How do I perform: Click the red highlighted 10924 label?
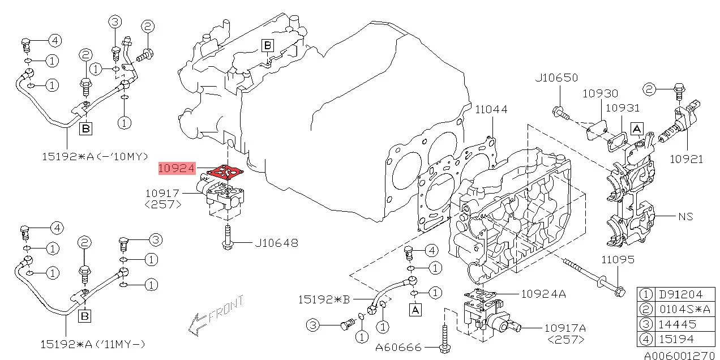(177, 168)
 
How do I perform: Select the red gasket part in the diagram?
(226, 171)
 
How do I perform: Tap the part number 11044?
(491, 109)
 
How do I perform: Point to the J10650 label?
(556, 78)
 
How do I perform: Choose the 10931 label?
(622, 108)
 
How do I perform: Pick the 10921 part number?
(686, 159)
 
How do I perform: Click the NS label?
(685, 216)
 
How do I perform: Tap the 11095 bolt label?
(618, 260)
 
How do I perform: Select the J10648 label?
(276, 243)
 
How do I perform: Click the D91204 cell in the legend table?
(679, 294)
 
